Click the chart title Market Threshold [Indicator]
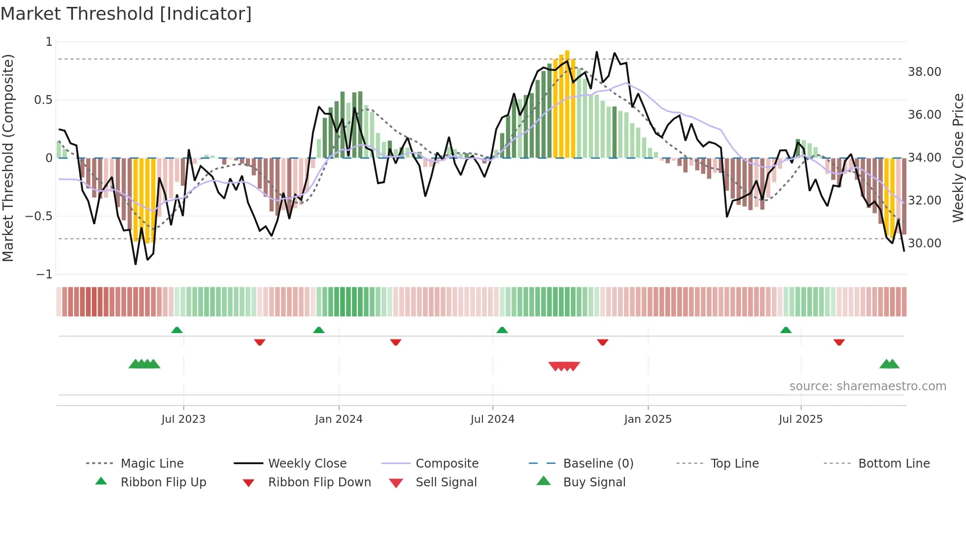126,14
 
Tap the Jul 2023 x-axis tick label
183,419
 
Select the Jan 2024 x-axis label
339,419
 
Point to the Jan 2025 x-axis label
648,419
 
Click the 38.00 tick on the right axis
924,72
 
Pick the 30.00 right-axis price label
924,243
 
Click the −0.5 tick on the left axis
39,216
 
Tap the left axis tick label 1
49,42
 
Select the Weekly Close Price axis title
958,158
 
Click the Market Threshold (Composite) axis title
8,158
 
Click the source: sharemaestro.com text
867,386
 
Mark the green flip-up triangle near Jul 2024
502,330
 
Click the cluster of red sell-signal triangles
564,366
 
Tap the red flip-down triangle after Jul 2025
839,342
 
